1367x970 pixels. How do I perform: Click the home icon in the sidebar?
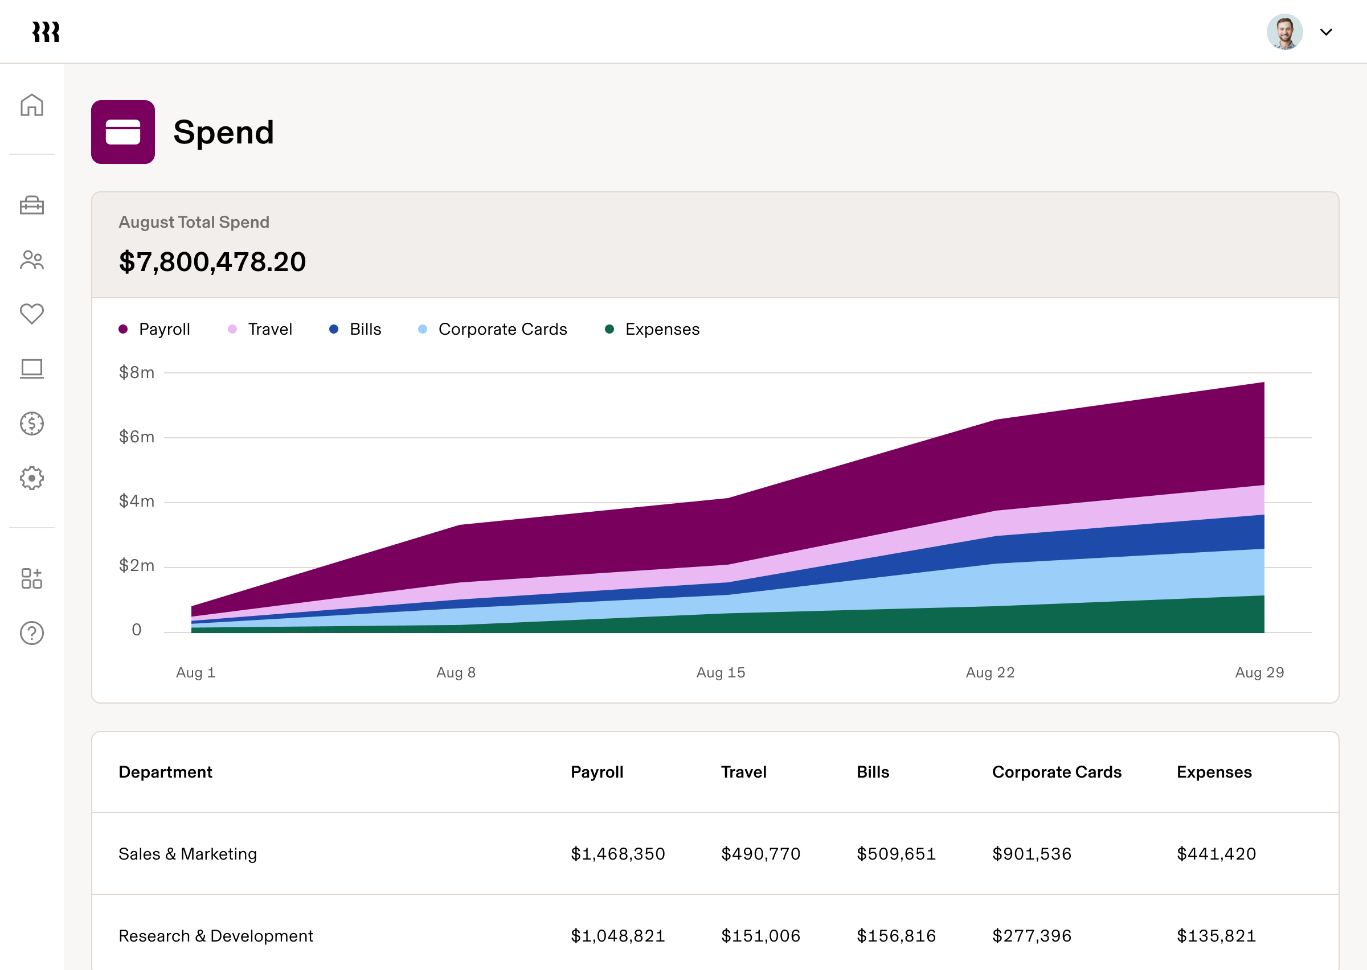tap(32, 105)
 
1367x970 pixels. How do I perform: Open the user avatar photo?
tap(1284, 32)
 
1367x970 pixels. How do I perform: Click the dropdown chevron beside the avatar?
tap(1326, 32)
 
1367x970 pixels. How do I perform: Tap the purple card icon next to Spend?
tap(123, 132)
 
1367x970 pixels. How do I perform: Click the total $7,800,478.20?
tap(212, 262)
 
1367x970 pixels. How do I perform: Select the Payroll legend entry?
tap(155, 329)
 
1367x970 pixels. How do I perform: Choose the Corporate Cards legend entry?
tap(493, 329)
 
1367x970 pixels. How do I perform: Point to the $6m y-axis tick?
tap(137, 437)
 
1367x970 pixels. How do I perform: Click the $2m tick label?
tap(137, 565)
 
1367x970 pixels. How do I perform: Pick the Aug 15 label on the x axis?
tap(721, 672)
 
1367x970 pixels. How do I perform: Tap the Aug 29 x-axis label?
tap(1259, 672)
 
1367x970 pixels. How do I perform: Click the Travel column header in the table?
tap(743, 772)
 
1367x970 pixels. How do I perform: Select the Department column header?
tap(166, 772)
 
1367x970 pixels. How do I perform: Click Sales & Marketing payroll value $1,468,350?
tap(618, 853)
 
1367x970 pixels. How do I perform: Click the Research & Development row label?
tap(216, 935)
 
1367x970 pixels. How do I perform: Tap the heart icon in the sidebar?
tap(32, 314)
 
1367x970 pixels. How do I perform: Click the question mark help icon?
tap(32, 633)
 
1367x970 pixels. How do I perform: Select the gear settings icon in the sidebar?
tap(32, 478)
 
